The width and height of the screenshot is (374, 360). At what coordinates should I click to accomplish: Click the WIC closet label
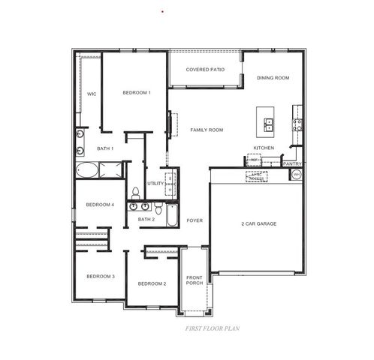coord(91,94)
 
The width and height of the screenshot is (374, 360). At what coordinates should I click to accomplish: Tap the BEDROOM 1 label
coord(137,92)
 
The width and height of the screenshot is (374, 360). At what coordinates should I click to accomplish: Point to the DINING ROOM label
coord(273,77)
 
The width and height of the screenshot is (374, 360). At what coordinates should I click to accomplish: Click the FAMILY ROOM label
coord(207,130)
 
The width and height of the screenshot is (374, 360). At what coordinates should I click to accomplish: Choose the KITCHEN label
coord(264,148)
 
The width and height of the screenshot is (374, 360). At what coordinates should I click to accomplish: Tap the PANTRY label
coord(292,163)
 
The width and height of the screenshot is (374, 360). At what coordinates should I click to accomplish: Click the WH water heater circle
coord(296,174)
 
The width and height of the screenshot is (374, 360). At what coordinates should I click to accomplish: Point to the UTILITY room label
coord(156,183)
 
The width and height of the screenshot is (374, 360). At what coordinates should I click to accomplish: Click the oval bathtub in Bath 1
coord(86,170)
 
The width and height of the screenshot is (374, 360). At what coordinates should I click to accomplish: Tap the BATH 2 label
coord(146,219)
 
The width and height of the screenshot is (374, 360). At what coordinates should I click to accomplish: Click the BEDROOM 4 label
coord(100,205)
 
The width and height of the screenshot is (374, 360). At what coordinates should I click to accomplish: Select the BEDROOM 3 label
coord(100,277)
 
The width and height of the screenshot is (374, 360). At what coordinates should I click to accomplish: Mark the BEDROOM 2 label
coord(152,283)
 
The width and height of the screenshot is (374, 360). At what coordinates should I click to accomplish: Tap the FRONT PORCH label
coord(195,280)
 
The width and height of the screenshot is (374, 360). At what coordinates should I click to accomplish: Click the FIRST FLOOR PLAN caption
coord(211,328)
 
